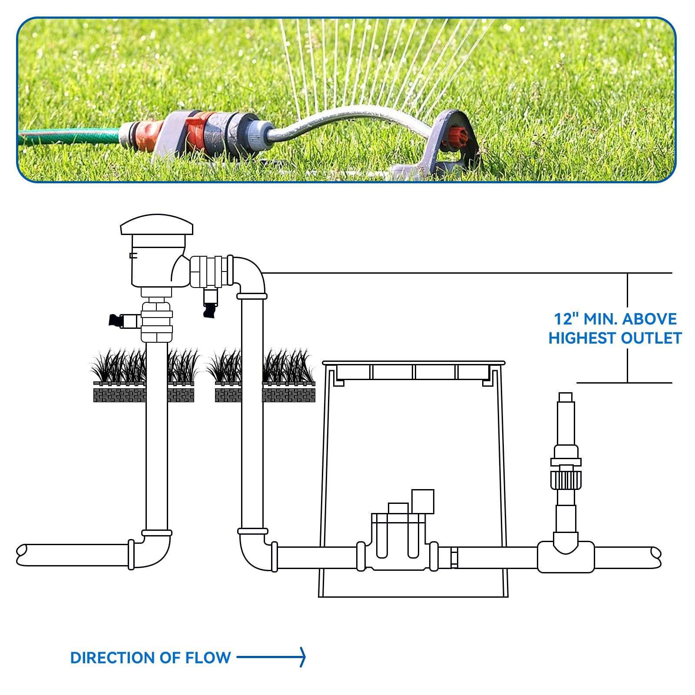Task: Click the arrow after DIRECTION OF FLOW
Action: point(271,657)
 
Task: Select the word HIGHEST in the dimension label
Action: point(582,338)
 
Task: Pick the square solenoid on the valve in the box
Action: point(423,501)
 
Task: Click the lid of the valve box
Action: point(414,363)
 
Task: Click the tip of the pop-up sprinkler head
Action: point(565,397)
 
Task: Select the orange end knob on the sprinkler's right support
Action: point(457,136)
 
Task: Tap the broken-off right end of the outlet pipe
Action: point(656,557)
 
